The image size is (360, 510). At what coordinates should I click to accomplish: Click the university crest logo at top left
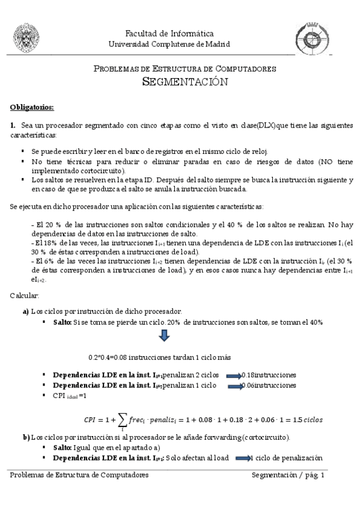pyautogui.click(x=26, y=38)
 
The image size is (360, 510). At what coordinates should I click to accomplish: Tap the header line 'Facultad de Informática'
pyautogui.click(x=169, y=33)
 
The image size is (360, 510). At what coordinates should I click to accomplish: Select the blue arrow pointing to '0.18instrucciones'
pyautogui.click(x=233, y=374)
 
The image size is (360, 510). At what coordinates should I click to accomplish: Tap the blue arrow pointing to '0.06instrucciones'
pyautogui.click(x=232, y=385)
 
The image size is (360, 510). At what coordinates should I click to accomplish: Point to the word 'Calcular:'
pyautogui.click(x=24, y=296)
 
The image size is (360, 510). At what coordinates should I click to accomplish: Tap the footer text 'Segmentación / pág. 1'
pyautogui.click(x=289, y=475)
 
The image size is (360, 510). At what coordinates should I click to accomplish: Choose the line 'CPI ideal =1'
pyautogui.click(x=70, y=396)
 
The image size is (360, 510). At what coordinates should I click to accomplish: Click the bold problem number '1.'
pyautogui.click(x=13, y=125)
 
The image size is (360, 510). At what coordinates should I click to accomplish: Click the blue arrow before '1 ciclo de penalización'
pyautogui.click(x=241, y=458)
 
